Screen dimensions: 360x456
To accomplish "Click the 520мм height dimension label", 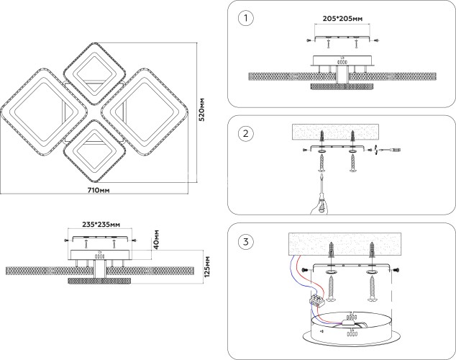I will [204, 107].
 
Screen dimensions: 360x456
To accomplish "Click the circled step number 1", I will [246, 17].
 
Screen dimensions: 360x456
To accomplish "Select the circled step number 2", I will [246, 133].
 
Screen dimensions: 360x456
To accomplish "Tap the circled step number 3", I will [246, 240].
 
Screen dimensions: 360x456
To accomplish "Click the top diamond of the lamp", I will [94, 71].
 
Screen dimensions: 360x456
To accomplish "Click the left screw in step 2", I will [319, 165].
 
